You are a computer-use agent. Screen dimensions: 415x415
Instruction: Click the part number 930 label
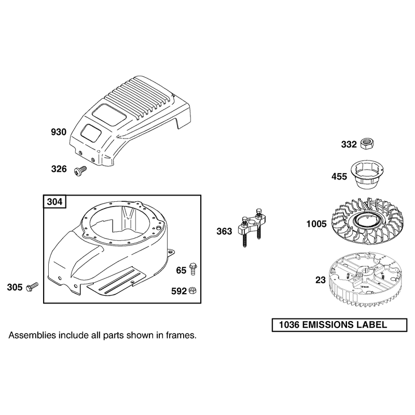59,132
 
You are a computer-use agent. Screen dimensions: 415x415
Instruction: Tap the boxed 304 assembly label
54,202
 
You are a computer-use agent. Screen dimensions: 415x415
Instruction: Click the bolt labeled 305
32,287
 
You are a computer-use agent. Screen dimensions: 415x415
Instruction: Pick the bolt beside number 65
193,269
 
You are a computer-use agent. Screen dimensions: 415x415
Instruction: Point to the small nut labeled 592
192,291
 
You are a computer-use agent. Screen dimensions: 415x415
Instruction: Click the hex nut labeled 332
367,144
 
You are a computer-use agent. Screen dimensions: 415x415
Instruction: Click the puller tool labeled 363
252,228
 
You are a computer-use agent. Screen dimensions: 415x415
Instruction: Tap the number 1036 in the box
289,325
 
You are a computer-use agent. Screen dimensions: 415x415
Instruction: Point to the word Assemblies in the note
32,335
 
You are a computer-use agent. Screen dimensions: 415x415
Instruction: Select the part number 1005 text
316,224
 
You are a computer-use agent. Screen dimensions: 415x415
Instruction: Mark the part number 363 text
224,231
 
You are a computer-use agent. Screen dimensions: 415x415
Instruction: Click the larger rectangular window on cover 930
109,114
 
